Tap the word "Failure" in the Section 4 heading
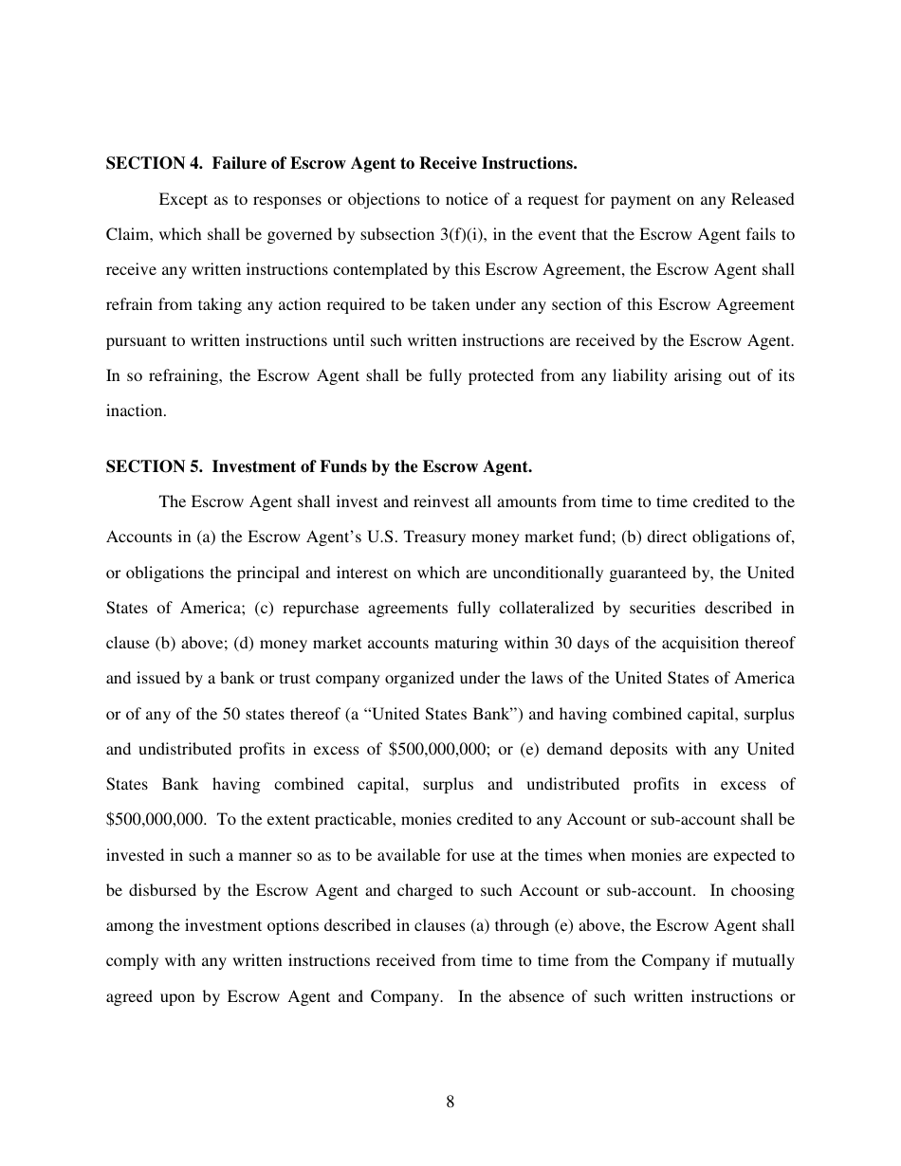point(237,164)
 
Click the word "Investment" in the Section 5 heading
point(250,466)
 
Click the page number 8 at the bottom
point(450,1102)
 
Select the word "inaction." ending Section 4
point(136,410)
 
